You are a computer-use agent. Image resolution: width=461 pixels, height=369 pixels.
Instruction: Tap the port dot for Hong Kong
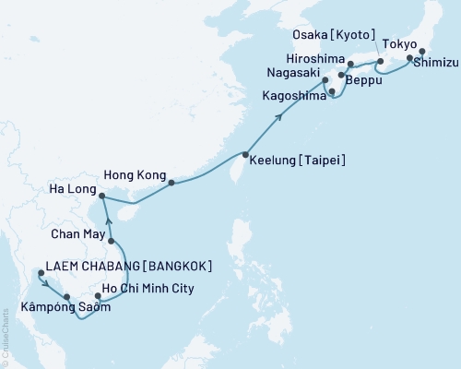[x=171, y=183]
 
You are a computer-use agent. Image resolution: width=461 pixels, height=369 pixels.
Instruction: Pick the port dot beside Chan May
[x=112, y=242]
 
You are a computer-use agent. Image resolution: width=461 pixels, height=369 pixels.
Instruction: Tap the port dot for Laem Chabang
[x=40, y=273]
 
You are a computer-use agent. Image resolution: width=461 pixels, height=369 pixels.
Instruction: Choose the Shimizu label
[x=434, y=64]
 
